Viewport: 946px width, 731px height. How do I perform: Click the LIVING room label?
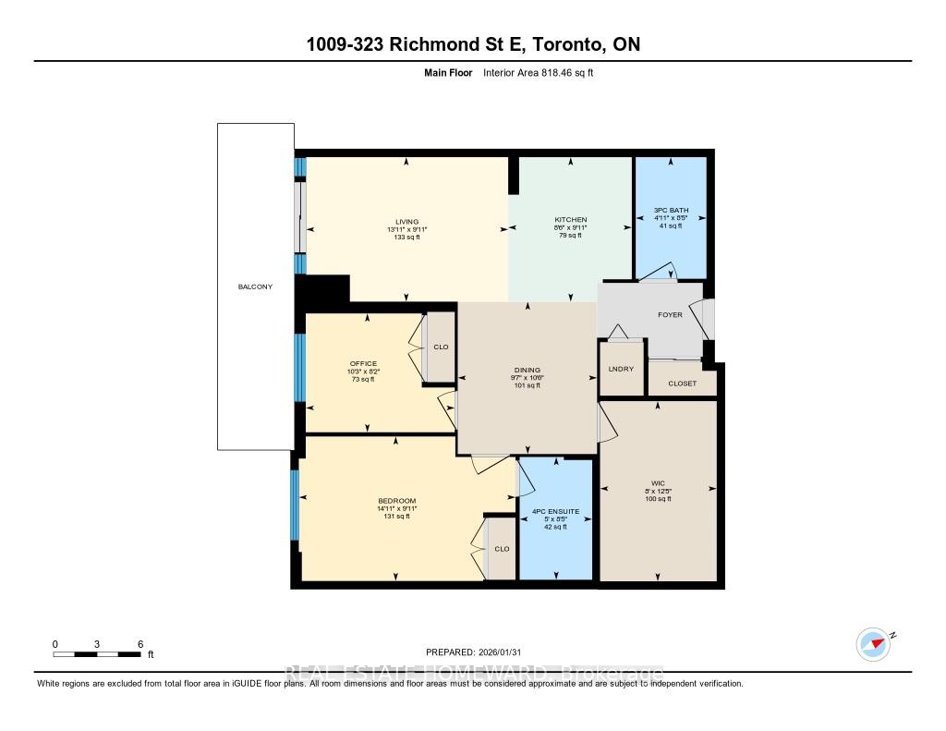pos(407,222)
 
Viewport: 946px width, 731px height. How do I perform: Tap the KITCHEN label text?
pos(571,220)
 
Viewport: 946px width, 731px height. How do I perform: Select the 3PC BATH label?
pos(671,211)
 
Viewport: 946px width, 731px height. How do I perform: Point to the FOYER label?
pos(670,315)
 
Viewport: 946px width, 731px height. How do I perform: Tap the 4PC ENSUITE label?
pos(554,512)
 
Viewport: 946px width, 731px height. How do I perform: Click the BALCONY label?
pos(255,287)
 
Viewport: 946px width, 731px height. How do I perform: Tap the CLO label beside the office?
pos(441,347)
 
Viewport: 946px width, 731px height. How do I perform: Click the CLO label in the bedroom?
pos(501,549)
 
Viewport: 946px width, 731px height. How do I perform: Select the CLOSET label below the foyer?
pos(682,384)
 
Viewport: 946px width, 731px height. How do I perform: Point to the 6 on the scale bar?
pos(139,643)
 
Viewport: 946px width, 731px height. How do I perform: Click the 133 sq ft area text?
pos(407,238)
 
